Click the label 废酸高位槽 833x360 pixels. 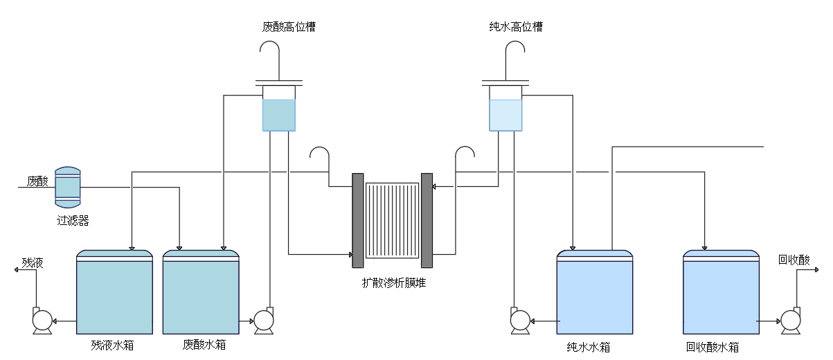289,27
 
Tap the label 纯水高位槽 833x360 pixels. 516,27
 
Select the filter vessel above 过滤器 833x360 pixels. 68,187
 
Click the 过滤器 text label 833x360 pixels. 73,221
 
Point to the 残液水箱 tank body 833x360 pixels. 114,292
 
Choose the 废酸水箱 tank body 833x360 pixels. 201,292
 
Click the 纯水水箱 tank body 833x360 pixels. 595,292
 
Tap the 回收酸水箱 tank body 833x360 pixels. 721,292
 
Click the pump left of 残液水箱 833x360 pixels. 42,321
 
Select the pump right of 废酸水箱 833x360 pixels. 264,321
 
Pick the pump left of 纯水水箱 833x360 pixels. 520,321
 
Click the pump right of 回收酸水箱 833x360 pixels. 791,321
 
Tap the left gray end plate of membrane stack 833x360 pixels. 358,221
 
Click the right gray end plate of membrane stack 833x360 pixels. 427,221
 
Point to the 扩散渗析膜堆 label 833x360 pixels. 394,283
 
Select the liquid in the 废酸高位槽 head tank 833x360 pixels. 279,116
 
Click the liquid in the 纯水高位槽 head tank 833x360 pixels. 505,116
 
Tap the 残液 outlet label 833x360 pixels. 33,263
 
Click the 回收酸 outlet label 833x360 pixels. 794,260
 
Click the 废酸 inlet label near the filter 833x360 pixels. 37,181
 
